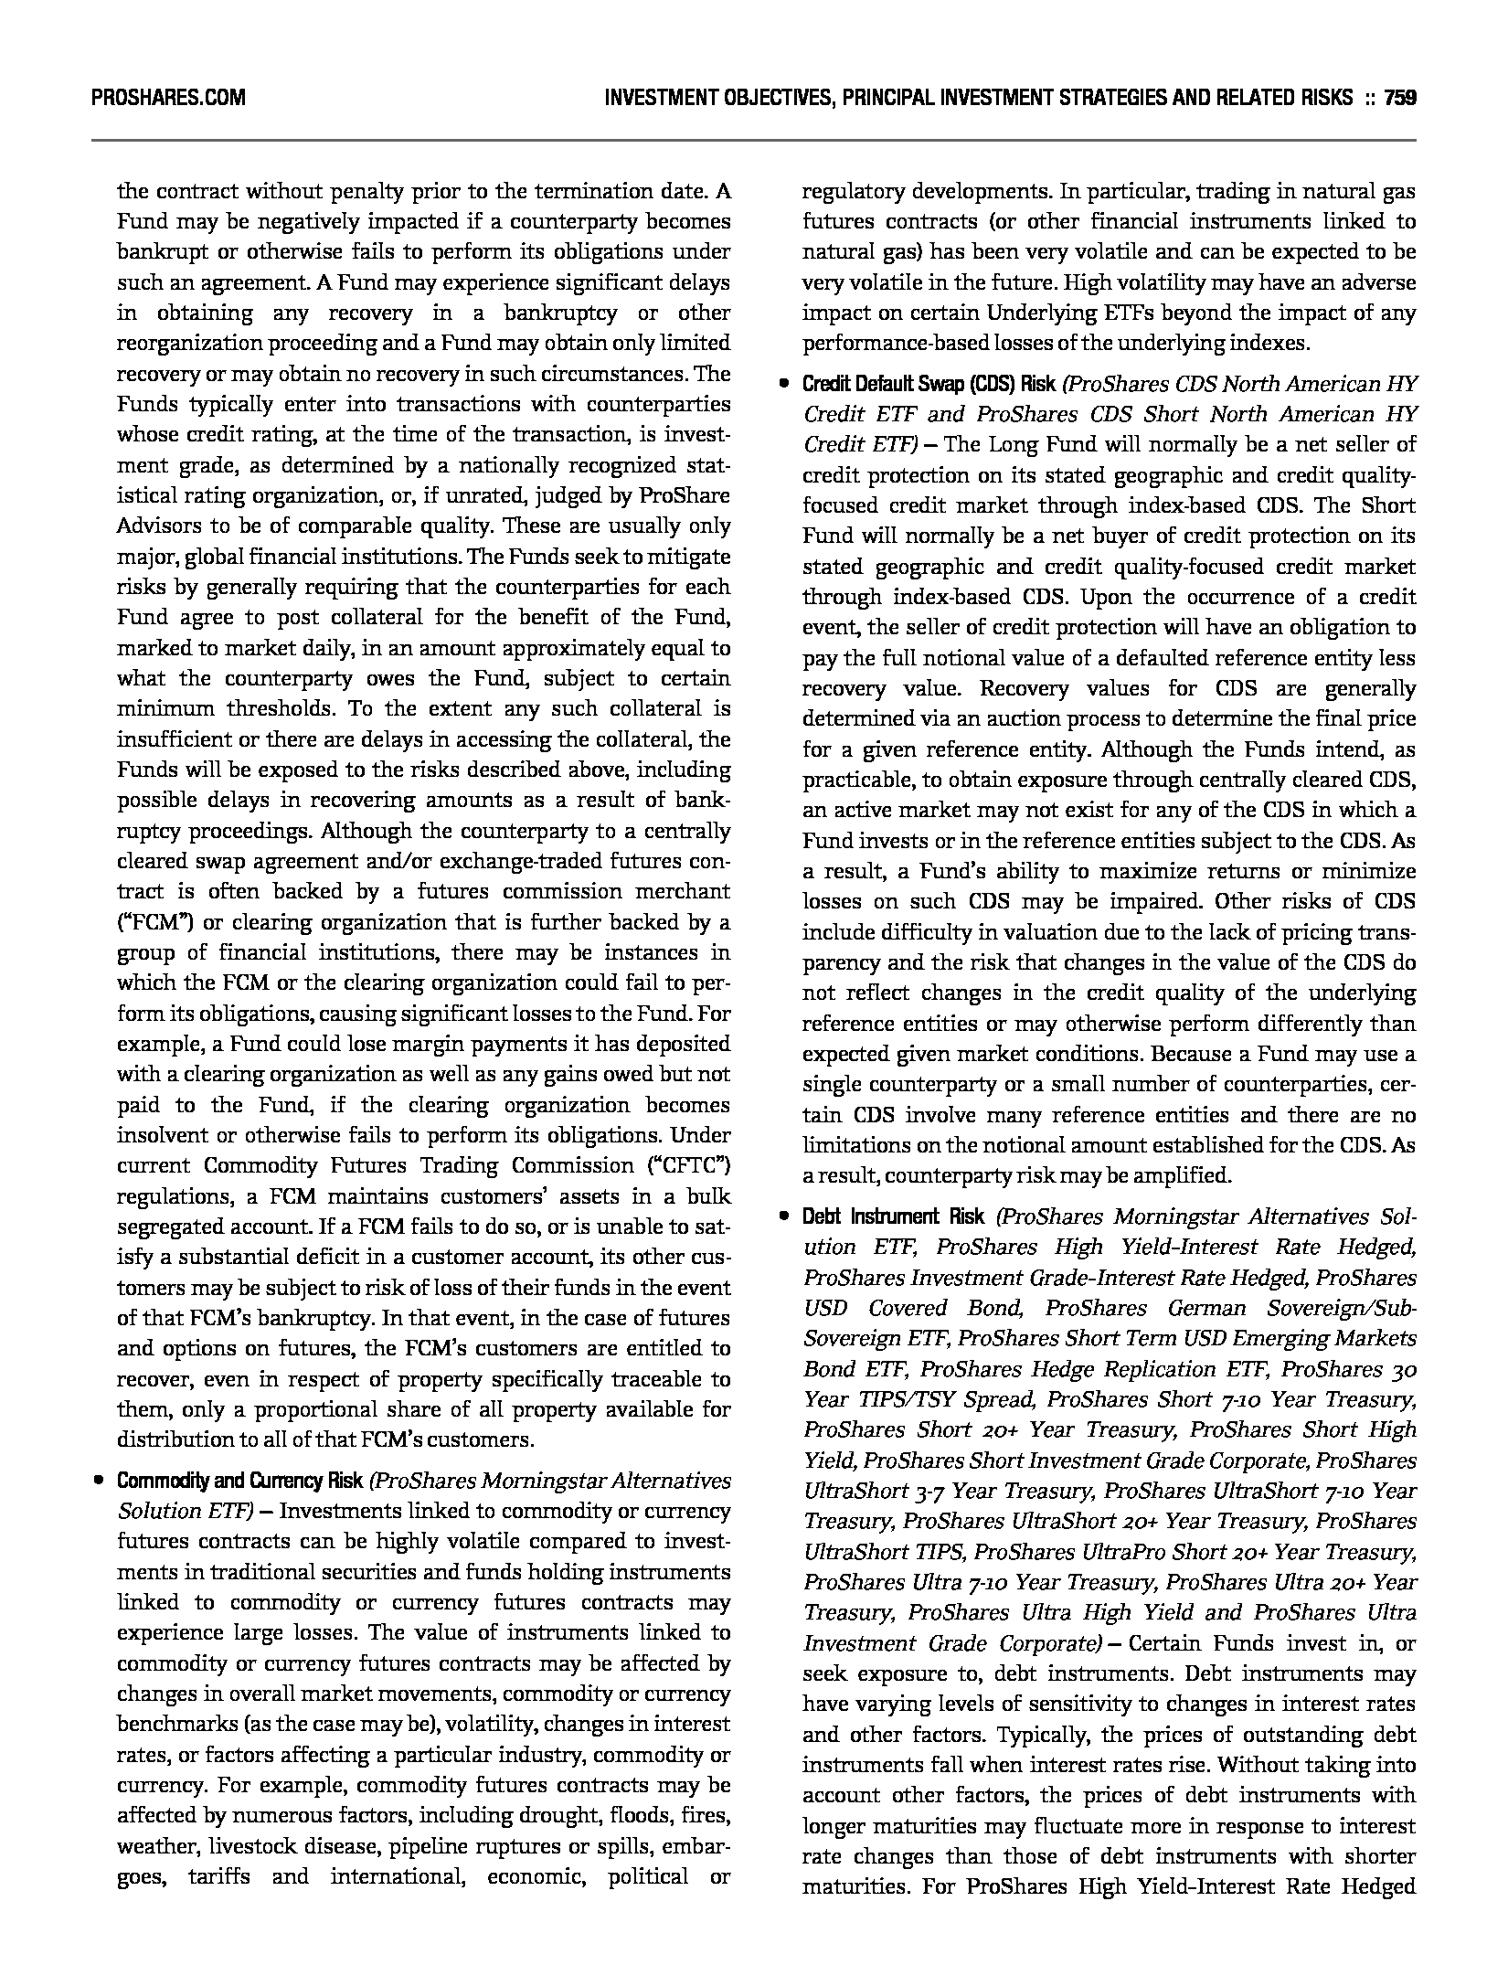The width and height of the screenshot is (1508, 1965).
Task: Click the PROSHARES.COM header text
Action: (168, 97)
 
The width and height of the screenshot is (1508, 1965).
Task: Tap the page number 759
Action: (1399, 97)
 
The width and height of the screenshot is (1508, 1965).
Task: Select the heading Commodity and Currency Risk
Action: (240, 1480)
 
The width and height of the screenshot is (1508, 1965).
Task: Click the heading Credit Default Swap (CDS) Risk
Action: (929, 384)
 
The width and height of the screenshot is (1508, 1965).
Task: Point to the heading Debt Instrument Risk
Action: (893, 1216)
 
